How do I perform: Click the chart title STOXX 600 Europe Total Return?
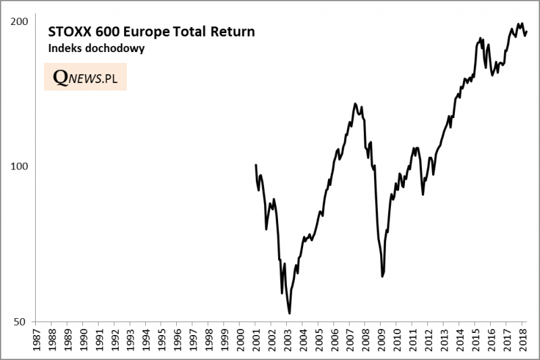click(x=151, y=32)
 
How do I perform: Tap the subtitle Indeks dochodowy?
click(x=96, y=49)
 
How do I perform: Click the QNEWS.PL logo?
click(x=85, y=78)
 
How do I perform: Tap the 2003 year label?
click(x=286, y=341)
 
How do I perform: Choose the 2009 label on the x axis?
click(x=380, y=341)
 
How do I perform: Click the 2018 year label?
click(x=521, y=341)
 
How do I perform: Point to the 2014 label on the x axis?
click(x=458, y=341)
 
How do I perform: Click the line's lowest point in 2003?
click(x=290, y=313)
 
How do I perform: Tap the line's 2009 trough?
click(x=382, y=276)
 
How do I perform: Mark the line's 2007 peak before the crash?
click(x=355, y=103)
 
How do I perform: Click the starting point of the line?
click(x=256, y=165)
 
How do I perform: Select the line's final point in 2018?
click(x=526, y=31)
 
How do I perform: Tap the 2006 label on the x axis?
click(x=333, y=341)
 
